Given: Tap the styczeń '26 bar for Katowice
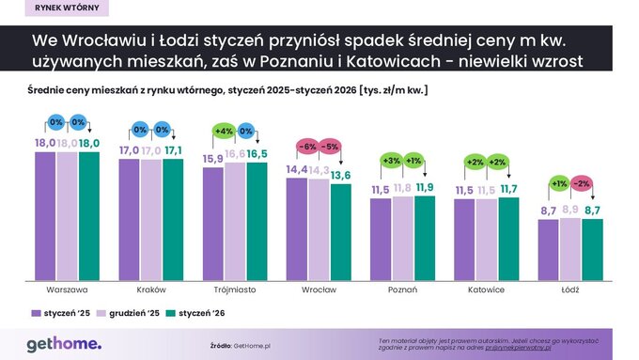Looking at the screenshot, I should click(x=508, y=239).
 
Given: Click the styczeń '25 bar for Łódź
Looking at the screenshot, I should click(x=548, y=249).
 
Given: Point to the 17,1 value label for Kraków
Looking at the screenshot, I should click(x=173, y=150).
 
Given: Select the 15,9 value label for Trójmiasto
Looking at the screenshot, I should click(x=212, y=160).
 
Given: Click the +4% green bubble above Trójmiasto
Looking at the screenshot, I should click(x=225, y=131).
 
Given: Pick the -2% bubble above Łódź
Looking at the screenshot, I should click(x=581, y=183).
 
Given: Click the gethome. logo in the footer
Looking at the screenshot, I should click(x=64, y=343).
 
